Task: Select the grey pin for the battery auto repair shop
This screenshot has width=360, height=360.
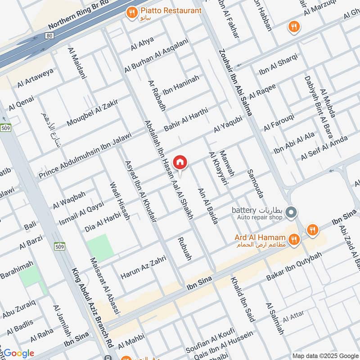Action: (291, 211)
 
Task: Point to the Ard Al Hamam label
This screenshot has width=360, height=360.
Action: (260, 238)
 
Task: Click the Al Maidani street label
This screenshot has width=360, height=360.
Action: (76, 63)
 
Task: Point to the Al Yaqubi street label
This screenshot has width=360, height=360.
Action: (228, 124)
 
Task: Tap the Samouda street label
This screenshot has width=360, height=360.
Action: (255, 184)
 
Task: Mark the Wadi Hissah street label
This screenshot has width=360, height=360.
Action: (120, 201)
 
